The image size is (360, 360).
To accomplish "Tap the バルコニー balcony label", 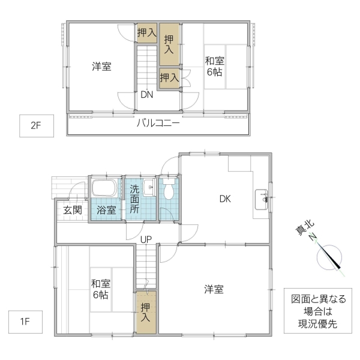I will coord(158,124).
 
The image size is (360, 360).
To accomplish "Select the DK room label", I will coord(225,199).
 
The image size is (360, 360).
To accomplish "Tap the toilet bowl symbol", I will coord(169,190).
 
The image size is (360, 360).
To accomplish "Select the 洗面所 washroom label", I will coord(134,200).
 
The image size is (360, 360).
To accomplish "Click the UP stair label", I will coord(146,239).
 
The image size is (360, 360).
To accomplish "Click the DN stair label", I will coord(147,95).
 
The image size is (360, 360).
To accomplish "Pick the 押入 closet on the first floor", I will coord(146,312).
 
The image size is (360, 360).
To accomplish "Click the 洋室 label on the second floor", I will coord(101,67).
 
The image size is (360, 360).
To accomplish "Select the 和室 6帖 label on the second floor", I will coord(215,66).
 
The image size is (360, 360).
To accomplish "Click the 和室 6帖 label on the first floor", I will coord(100,289).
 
